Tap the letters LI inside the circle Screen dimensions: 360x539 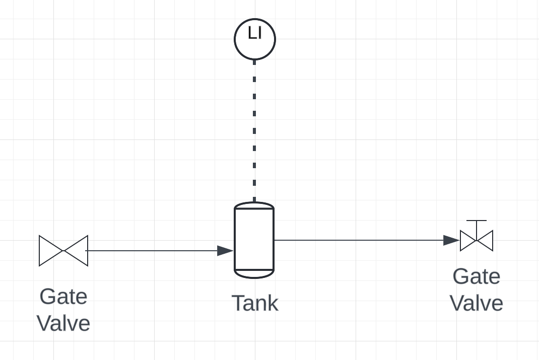click(x=254, y=33)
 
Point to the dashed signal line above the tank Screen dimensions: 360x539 click(x=254, y=131)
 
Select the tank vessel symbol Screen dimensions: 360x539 click(x=254, y=240)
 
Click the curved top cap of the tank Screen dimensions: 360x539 click(x=254, y=205)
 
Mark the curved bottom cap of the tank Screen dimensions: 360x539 click(x=254, y=274)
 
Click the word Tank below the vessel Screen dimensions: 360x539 click(x=254, y=303)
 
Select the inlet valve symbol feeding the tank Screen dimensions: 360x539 click(x=63, y=250)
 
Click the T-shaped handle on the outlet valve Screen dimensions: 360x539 click(x=477, y=222)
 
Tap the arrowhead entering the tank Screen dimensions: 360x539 click(x=226, y=250)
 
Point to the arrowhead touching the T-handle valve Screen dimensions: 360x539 click(x=451, y=240)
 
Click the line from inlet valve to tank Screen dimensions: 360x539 click(x=151, y=250)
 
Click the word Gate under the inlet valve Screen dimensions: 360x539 click(x=63, y=296)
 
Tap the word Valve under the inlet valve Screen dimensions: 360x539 click(x=63, y=323)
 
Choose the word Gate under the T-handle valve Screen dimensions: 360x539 click(x=477, y=276)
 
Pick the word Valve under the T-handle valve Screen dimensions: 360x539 click(x=477, y=303)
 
